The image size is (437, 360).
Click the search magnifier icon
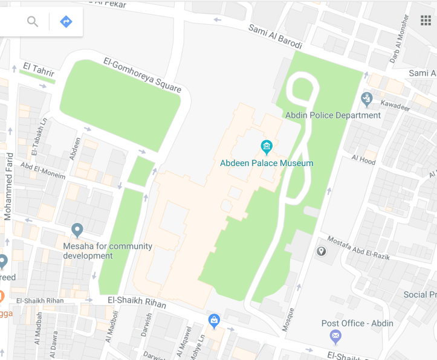click(x=33, y=22)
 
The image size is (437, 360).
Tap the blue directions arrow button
click(x=66, y=22)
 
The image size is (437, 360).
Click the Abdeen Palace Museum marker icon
click(x=266, y=147)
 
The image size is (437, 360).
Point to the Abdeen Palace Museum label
click(x=267, y=163)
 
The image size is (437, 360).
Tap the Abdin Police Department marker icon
click(x=366, y=98)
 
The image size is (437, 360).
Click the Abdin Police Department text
click(x=333, y=115)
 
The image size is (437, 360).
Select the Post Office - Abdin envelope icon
click(x=335, y=336)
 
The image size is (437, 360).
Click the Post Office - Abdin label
click(x=357, y=323)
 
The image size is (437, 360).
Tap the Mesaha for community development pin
click(x=77, y=230)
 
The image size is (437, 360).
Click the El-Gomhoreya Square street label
click(x=142, y=75)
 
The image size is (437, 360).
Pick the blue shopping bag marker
click(x=213, y=320)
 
